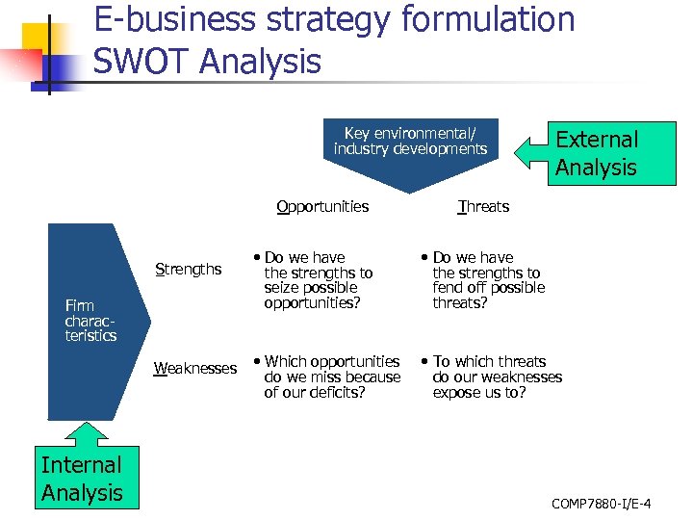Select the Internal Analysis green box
point(83,479)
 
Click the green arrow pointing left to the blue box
point(532,151)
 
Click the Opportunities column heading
point(322,206)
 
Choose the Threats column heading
point(483,206)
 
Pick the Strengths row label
point(189,269)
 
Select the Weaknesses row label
point(195,369)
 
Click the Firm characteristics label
point(90,321)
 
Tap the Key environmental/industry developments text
point(410,141)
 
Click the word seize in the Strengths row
point(282,287)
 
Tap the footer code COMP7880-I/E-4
point(602,504)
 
